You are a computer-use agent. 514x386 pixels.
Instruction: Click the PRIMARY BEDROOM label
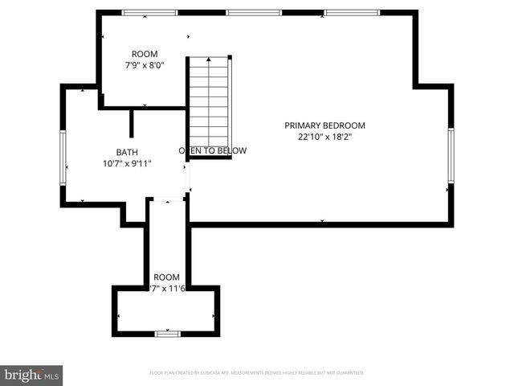(x=324, y=125)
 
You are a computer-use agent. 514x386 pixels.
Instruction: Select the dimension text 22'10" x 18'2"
(x=324, y=137)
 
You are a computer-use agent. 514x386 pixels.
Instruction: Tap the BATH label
(x=127, y=151)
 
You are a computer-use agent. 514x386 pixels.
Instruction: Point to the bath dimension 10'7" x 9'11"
(x=127, y=163)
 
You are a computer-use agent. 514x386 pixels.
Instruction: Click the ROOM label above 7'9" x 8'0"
(x=145, y=54)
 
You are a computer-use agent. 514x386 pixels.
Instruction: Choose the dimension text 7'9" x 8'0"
(x=145, y=65)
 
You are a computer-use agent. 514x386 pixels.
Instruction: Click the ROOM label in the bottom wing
(x=167, y=276)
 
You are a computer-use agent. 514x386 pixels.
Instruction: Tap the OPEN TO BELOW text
(x=212, y=150)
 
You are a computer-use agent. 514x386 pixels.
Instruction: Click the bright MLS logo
(x=32, y=374)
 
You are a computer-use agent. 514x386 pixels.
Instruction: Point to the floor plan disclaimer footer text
(x=257, y=373)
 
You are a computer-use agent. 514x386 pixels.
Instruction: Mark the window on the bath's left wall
(x=63, y=158)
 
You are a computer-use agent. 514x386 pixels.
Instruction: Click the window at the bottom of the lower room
(x=167, y=334)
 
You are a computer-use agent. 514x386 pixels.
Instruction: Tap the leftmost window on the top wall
(x=149, y=13)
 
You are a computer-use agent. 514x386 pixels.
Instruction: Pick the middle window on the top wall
(x=254, y=13)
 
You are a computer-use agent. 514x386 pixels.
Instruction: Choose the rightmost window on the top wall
(x=352, y=13)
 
